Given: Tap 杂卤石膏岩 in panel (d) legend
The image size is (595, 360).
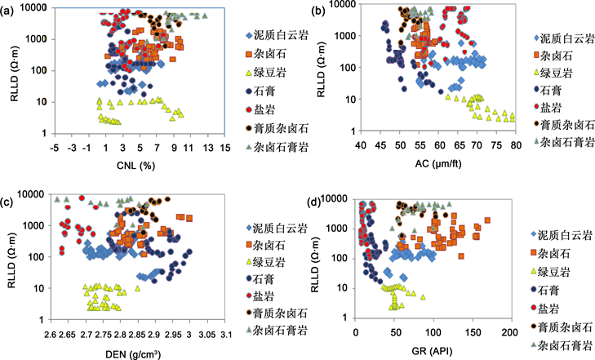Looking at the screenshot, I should point(567,344).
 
